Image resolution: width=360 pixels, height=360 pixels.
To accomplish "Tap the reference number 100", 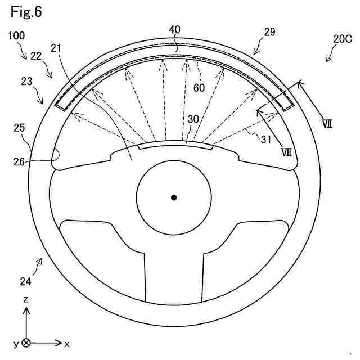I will click(x=17, y=36).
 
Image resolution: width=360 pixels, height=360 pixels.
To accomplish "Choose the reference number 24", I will click(x=26, y=281).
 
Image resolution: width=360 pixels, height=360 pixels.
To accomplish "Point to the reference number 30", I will click(x=193, y=120).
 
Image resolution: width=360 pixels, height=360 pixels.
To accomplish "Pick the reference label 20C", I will click(x=341, y=39).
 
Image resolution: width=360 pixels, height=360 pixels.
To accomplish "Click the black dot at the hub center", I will click(x=174, y=197).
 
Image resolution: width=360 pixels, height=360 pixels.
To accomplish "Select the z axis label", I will click(x=26, y=300).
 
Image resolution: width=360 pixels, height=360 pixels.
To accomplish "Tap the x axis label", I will click(x=67, y=343).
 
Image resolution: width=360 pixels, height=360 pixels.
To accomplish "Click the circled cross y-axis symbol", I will click(x=26, y=343).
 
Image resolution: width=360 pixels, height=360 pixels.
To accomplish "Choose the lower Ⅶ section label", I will click(x=286, y=152).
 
